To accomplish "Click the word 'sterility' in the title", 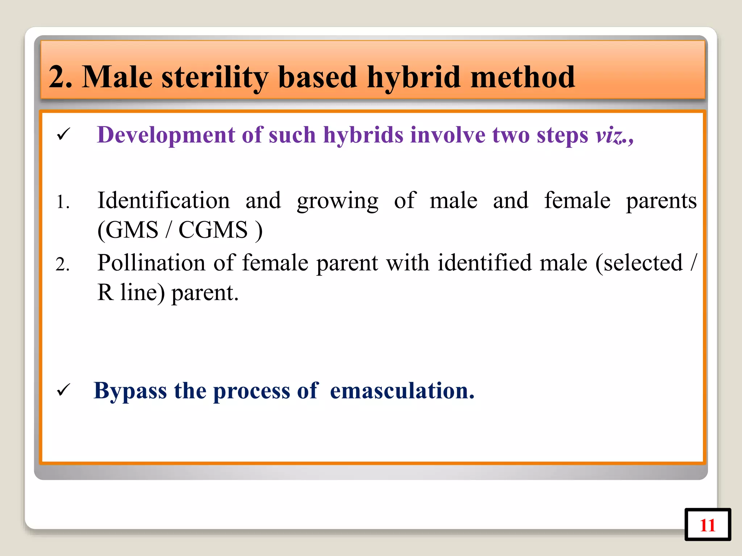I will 214,77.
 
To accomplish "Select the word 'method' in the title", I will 522,77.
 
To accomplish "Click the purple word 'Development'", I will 166,135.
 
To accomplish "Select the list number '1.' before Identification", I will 63,202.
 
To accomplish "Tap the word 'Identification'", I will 163,200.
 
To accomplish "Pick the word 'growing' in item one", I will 337,201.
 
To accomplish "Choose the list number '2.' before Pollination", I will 63,264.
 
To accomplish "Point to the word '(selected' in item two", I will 639,263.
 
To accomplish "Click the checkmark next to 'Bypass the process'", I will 63,390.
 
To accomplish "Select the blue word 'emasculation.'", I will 402,391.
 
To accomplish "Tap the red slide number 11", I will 707,525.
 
